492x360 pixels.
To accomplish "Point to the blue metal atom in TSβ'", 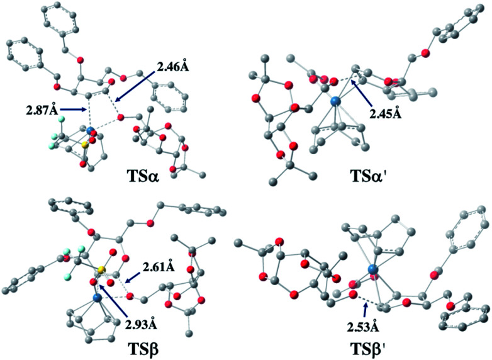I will coord(374,269).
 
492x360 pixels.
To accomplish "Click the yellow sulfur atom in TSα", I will coord(82,145).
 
